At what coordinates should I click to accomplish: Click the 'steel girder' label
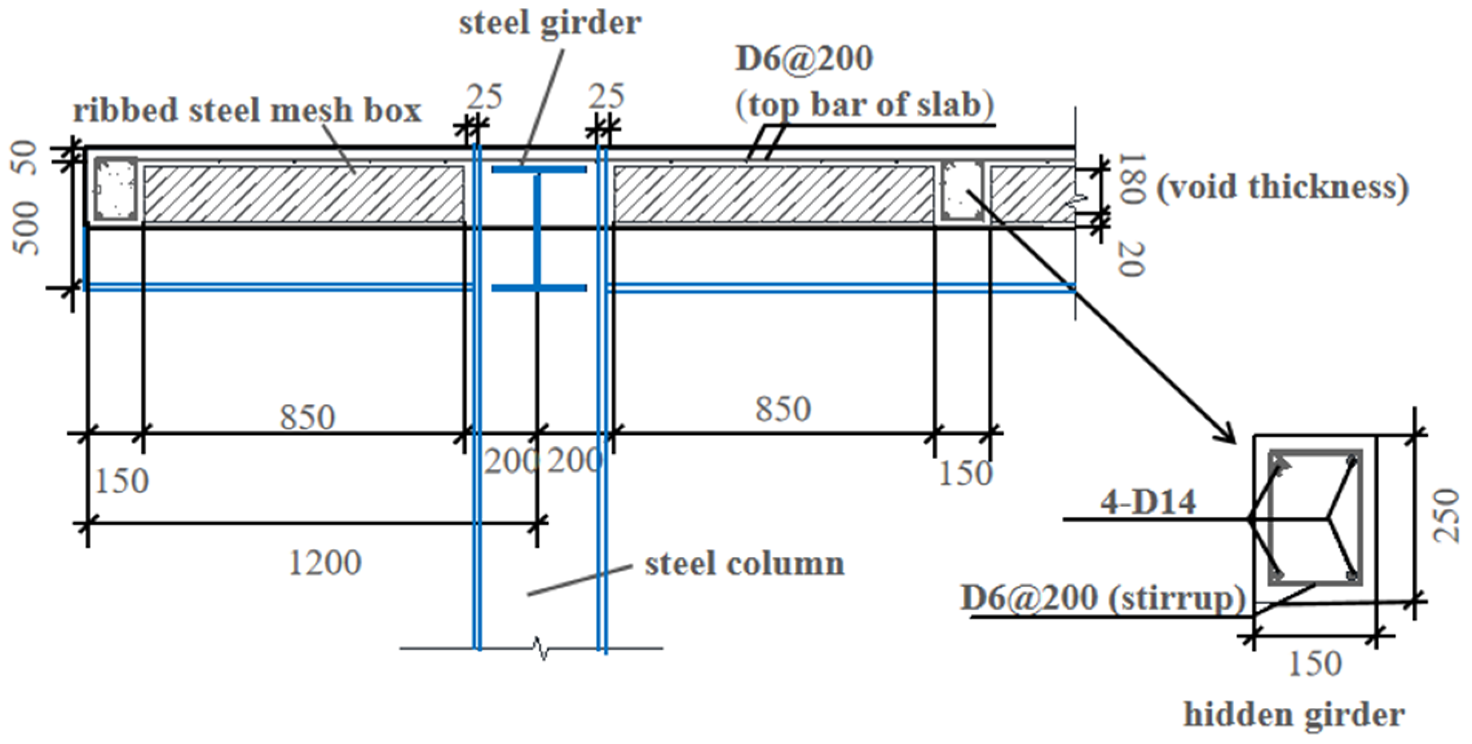click(x=550, y=24)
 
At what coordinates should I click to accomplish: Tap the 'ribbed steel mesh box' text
click(x=247, y=110)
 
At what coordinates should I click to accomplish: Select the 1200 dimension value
click(x=325, y=563)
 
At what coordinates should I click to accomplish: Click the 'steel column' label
click(x=744, y=565)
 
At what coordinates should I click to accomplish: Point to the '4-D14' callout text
click(x=1147, y=503)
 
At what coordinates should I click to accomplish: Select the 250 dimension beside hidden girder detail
click(x=1446, y=515)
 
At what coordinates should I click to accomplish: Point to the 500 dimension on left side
click(x=26, y=229)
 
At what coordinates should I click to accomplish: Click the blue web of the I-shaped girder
click(x=537, y=229)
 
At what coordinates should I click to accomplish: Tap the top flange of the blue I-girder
click(x=539, y=170)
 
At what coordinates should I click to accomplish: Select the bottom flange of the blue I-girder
click(x=539, y=288)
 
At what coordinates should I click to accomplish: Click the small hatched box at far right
click(x=1031, y=194)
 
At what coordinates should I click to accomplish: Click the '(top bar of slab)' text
click(x=864, y=106)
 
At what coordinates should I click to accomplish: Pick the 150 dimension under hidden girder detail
click(x=1314, y=664)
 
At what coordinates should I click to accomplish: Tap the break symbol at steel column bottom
click(x=540, y=649)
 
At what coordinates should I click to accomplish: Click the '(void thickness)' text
click(x=1282, y=187)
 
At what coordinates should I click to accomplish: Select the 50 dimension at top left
click(x=25, y=157)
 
